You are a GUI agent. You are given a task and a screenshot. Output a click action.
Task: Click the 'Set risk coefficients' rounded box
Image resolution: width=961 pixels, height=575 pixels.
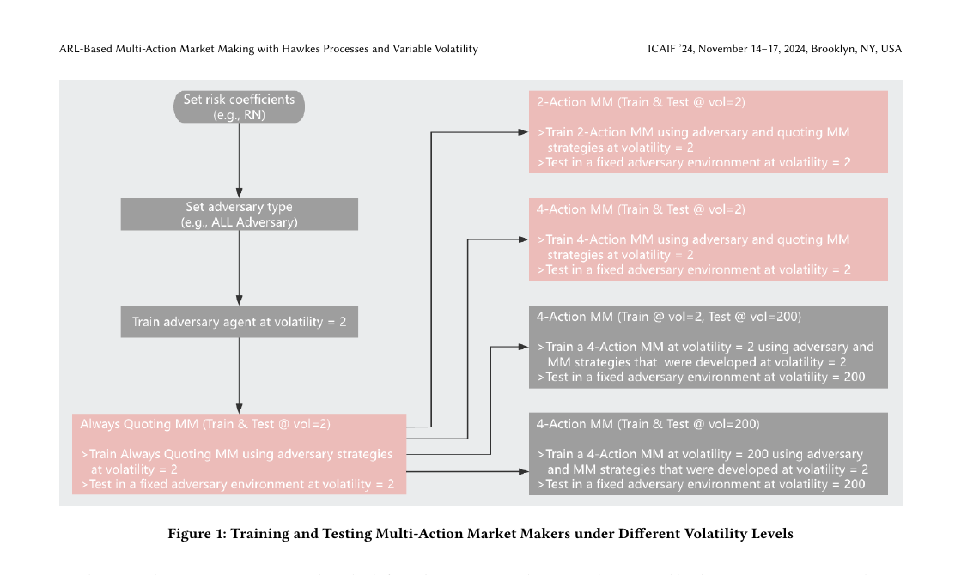[x=239, y=106]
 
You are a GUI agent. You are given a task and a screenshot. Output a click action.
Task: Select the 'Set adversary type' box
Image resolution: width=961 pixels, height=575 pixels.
[x=239, y=215]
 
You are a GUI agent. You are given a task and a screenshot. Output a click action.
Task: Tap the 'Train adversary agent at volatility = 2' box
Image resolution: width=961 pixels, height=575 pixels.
[x=239, y=322]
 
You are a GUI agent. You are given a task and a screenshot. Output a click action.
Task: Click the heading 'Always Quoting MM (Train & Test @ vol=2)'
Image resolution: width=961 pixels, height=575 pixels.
[x=205, y=424]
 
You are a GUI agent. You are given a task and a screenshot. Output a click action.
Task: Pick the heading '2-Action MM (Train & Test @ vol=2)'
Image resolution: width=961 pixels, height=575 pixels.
[x=641, y=102]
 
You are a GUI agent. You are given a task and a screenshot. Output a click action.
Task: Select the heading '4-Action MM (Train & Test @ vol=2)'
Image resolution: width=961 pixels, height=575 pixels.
[x=641, y=209]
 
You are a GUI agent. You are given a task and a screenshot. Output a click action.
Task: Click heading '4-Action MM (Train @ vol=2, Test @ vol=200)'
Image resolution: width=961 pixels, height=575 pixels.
[x=669, y=317]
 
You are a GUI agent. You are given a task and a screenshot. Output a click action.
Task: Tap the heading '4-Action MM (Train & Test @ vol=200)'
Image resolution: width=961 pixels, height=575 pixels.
[x=648, y=424]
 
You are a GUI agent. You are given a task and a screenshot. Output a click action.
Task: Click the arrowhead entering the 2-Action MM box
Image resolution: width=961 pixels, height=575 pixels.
[x=523, y=131]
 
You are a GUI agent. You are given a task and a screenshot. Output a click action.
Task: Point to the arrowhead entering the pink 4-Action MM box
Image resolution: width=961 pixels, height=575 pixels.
[x=523, y=239]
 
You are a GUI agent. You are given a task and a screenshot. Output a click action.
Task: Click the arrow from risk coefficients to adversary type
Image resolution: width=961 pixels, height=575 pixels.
[x=239, y=160]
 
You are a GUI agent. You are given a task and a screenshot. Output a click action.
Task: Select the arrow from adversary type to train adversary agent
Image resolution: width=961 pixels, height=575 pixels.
[x=239, y=268]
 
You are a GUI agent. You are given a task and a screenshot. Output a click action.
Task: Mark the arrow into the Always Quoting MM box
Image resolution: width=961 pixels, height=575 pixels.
[x=239, y=375]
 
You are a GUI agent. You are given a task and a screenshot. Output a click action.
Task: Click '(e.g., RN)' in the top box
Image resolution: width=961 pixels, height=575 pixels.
[x=239, y=115]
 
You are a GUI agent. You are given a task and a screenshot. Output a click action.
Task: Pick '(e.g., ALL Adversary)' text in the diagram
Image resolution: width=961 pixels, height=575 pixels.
[x=239, y=222]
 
